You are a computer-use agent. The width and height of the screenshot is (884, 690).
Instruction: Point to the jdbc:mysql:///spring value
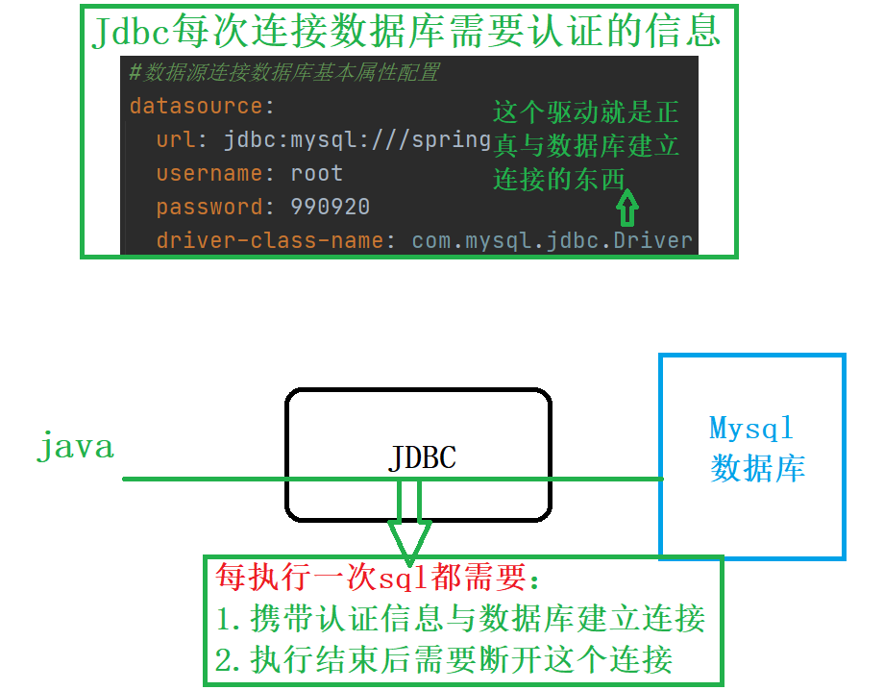tap(357, 139)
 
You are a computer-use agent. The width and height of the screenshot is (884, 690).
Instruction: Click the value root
tap(316, 174)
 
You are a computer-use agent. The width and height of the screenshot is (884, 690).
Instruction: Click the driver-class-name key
tap(270, 240)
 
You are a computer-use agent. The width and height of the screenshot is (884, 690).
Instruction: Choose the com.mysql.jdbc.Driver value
tap(552, 240)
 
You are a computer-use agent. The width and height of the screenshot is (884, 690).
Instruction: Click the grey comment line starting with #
tap(283, 73)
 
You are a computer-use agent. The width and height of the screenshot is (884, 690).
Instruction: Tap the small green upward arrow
tap(626, 205)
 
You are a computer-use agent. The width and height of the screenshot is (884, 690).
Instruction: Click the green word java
tap(75, 447)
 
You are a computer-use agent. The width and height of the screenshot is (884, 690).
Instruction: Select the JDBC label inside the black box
tap(422, 457)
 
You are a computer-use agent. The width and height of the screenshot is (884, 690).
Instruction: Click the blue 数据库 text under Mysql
tap(757, 468)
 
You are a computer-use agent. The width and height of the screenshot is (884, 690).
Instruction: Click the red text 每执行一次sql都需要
tap(379, 578)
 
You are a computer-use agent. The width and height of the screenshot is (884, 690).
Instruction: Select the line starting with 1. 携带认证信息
tap(460, 619)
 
